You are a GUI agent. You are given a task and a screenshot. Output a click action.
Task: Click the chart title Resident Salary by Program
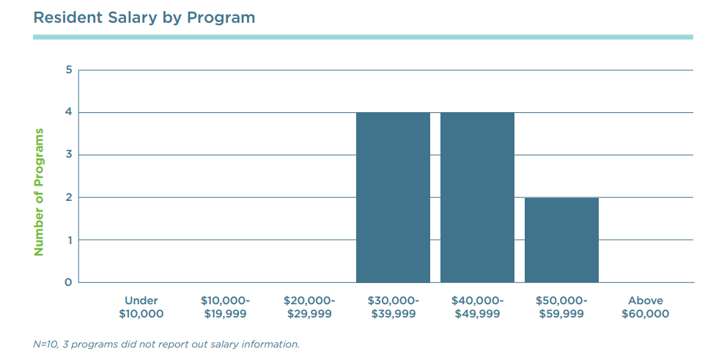pyautogui.click(x=144, y=17)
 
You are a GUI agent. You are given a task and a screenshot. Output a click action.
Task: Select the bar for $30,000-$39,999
pyautogui.click(x=393, y=197)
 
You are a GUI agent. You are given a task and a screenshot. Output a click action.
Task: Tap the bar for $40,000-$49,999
pyautogui.click(x=477, y=197)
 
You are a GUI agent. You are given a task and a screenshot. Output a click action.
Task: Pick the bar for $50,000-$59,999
pyautogui.click(x=561, y=240)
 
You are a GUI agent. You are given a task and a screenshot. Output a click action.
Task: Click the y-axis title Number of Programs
pyautogui.click(x=39, y=192)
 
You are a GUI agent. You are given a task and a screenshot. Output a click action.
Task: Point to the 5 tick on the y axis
pyautogui.click(x=68, y=70)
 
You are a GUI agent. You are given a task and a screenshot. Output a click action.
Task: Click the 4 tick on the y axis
pyautogui.click(x=68, y=113)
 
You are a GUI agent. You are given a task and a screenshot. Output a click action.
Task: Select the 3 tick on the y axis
pyautogui.click(x=68, y=155)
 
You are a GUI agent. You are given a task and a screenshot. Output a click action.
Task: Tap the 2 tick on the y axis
pyautogui.click(x=68, y=198)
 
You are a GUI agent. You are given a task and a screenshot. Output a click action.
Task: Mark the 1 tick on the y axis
pyautogui.click(x=68, y=240)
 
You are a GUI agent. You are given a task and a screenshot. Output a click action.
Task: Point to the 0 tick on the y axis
pyautogui.click(x=68, y=283)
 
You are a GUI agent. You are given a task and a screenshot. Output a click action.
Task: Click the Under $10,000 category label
pyautogui.click(x=141, y=307)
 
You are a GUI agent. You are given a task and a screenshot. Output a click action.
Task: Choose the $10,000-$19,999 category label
pyautogui.click(x=225, y=307)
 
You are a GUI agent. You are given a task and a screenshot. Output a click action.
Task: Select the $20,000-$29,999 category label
pyautogui.click(x=309, y=307)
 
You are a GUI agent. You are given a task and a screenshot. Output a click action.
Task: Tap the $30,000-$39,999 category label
pyautogui.click(x=393, y=307)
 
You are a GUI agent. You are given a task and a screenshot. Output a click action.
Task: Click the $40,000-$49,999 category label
pyautogui.click(x=477, y=307)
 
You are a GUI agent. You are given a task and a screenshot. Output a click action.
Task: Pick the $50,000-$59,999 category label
pyautogui.click(x=561, y=307)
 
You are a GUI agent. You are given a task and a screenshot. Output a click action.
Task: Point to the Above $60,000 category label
pyautogui.click(x=645, y=307)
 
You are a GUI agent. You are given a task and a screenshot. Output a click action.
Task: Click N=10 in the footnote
pyautogui.click(x=47, y=344)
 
